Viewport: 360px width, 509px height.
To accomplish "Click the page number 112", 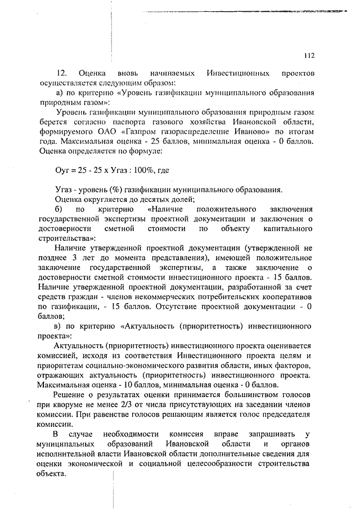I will pos(308,56).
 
